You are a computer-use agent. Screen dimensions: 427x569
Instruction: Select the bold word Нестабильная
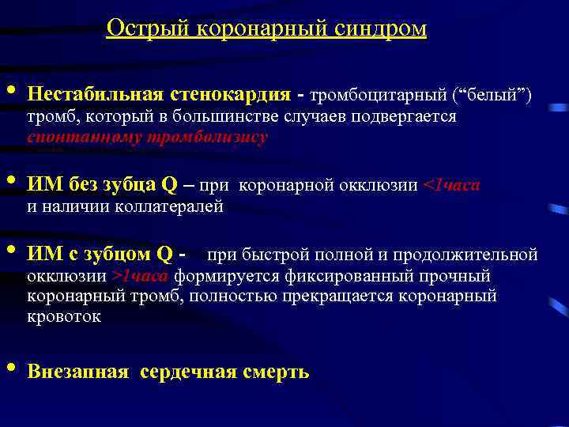pyautogui.click(x=94, y=95)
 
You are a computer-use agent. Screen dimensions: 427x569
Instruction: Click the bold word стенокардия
pyautogui.click(x=229, y=95)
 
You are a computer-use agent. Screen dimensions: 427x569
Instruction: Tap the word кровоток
pyautogui.click(x=64, y=316)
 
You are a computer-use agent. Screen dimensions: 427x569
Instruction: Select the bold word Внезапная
pyautogui.click(x=77, y=372)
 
